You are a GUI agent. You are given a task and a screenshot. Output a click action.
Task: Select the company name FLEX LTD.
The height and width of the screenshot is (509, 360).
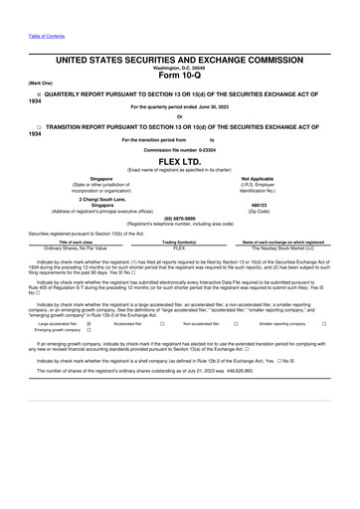179,159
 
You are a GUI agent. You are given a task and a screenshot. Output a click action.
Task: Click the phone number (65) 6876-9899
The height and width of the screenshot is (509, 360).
179,217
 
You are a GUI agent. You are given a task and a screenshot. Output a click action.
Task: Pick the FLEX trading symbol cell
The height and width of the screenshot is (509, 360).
180,248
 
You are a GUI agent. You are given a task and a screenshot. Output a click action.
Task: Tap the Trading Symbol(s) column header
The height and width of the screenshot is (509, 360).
180,242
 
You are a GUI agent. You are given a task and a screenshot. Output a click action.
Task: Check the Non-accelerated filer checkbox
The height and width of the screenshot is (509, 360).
236,323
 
